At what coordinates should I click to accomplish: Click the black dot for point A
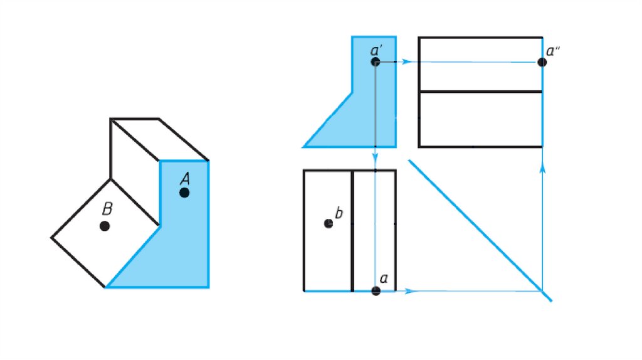click(184, 193)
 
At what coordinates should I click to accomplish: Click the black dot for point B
click(105, 226)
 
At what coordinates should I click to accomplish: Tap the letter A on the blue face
click(185, 179)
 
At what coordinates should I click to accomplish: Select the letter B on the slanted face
click(107, 208)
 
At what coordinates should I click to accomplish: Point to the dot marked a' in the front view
click(376, 62)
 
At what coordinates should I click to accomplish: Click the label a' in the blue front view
click(376, 50)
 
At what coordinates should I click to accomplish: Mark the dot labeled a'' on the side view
click(542, 62)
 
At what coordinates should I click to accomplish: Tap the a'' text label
click(553, 51)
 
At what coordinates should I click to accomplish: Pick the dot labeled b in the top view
click(329, 224)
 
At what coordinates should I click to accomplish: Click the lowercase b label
click(339, 213)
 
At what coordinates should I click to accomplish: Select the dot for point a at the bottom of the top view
click(376, 291)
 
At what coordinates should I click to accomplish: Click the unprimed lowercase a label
click(384, 278)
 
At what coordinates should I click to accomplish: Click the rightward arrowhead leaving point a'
click(406, 62)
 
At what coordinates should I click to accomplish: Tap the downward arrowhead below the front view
click(376, 157)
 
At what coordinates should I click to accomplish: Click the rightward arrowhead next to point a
click(409, 291)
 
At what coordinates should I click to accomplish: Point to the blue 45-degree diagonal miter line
click(480, 231)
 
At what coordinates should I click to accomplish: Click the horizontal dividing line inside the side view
click(480, 92)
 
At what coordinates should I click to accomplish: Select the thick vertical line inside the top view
click(352, 231)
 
